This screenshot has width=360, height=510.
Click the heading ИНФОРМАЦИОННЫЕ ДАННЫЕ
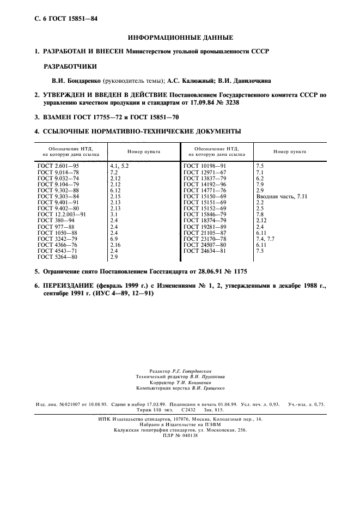[180, 38]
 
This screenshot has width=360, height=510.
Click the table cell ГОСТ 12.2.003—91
[62, 215]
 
